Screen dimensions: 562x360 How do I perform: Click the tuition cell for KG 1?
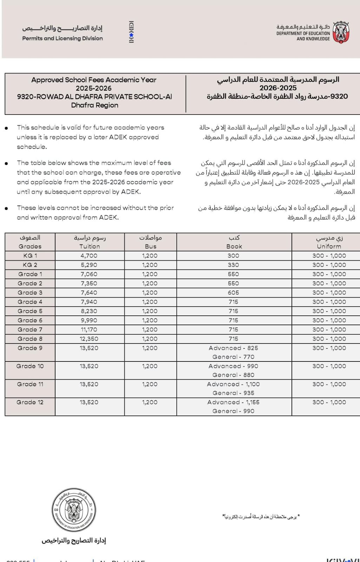pyautogui.click(x=89, y=256)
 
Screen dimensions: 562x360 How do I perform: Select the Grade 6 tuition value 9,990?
pyautogui.click(x=89, y=320)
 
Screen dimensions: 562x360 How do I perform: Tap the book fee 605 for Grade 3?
pyautogui.click(x=233, y=293)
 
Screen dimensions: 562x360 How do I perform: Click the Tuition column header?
pyautogui.click(x=90, y=246)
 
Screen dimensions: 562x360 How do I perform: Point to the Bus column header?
pyautogui.click(x=150, y=246)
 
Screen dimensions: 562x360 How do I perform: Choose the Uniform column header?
pyautogui.click(x=329, y=246)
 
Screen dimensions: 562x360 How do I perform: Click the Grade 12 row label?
pyautogui.click(x=30, y=402)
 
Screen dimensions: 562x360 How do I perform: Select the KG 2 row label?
pyautogui.click(x=30, y=265)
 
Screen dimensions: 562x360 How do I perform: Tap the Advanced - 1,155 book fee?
pyautogui.click(x=233, y=402)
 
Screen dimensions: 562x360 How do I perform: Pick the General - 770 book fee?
pyautogui.click(x=233, y=357)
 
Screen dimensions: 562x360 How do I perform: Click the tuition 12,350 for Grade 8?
pyautogui.click(x=89, y=339)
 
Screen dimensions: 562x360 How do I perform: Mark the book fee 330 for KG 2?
pyautogui.click(x=233, y=265)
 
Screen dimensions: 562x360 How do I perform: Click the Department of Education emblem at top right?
pyautogui.click(x=340, y=33)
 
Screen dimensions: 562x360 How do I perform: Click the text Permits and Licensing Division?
pyautogui.click(x=63, y=38)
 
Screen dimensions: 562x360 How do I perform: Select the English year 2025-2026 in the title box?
pyautogui.click(x=93, y=88)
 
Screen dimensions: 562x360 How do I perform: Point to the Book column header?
pyautogui.click(x=234, y=246)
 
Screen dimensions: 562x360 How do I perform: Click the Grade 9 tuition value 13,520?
pyautogui.click(x=89, y=348)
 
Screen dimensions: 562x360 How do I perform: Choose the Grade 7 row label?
pyautogui.click(x=30, y=329)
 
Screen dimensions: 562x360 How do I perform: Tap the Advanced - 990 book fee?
pyautogui.click(x=233, y=366)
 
